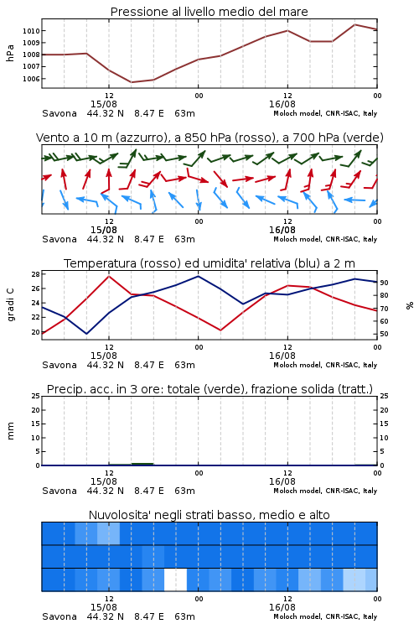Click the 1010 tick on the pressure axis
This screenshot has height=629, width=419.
[31, 31]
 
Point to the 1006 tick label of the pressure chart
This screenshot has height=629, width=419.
[31, 79]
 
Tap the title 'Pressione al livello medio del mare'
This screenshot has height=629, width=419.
[209, 12]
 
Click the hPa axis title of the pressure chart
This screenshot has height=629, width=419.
[10, 53]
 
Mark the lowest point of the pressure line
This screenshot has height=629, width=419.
[131, 82]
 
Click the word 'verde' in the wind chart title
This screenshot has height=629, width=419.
[363, 138]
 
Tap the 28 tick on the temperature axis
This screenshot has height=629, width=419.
[35, 274]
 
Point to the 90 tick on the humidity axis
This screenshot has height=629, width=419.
[384, 283]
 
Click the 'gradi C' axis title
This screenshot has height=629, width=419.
[10, 304]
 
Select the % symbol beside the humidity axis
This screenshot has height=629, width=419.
[410, 305]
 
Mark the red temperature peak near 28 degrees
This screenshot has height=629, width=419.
[109, 276]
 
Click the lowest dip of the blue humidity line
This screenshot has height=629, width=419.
[86, 333]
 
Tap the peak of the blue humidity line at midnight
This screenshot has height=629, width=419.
[198, 276]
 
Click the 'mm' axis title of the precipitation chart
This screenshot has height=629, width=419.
[10, 431]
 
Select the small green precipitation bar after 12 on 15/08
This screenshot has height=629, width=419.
[142, 464]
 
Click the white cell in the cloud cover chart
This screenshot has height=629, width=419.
[176, 580]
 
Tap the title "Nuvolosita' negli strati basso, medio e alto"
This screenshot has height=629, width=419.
[209, 515]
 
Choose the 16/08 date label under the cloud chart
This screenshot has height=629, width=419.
[282, 607]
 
